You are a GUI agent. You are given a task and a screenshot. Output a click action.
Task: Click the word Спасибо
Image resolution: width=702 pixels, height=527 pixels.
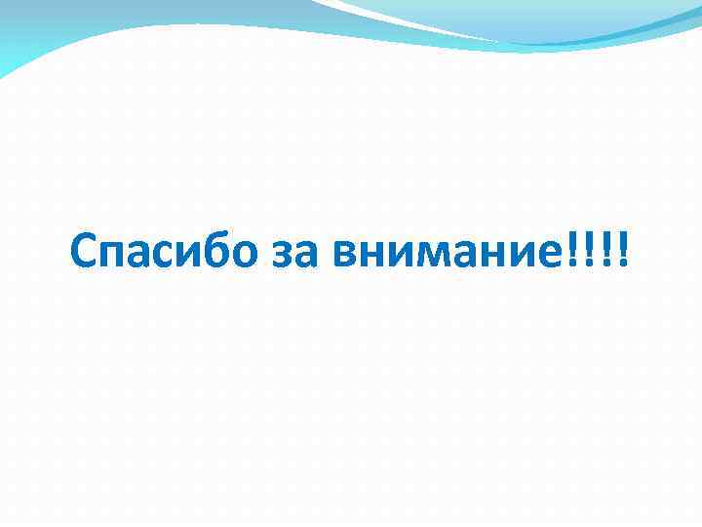click(x=164, y=254)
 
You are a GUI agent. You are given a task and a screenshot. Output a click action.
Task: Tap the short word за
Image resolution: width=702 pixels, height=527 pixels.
click(x=295, y=256)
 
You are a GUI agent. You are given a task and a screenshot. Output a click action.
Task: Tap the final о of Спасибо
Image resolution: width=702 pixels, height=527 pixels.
click(x=244, y=257)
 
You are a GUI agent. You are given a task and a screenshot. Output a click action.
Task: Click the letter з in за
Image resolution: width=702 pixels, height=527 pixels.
click(x=284, y=257)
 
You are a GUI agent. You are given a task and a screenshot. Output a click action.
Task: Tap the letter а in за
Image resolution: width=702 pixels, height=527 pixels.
click(x=307, y=257)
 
